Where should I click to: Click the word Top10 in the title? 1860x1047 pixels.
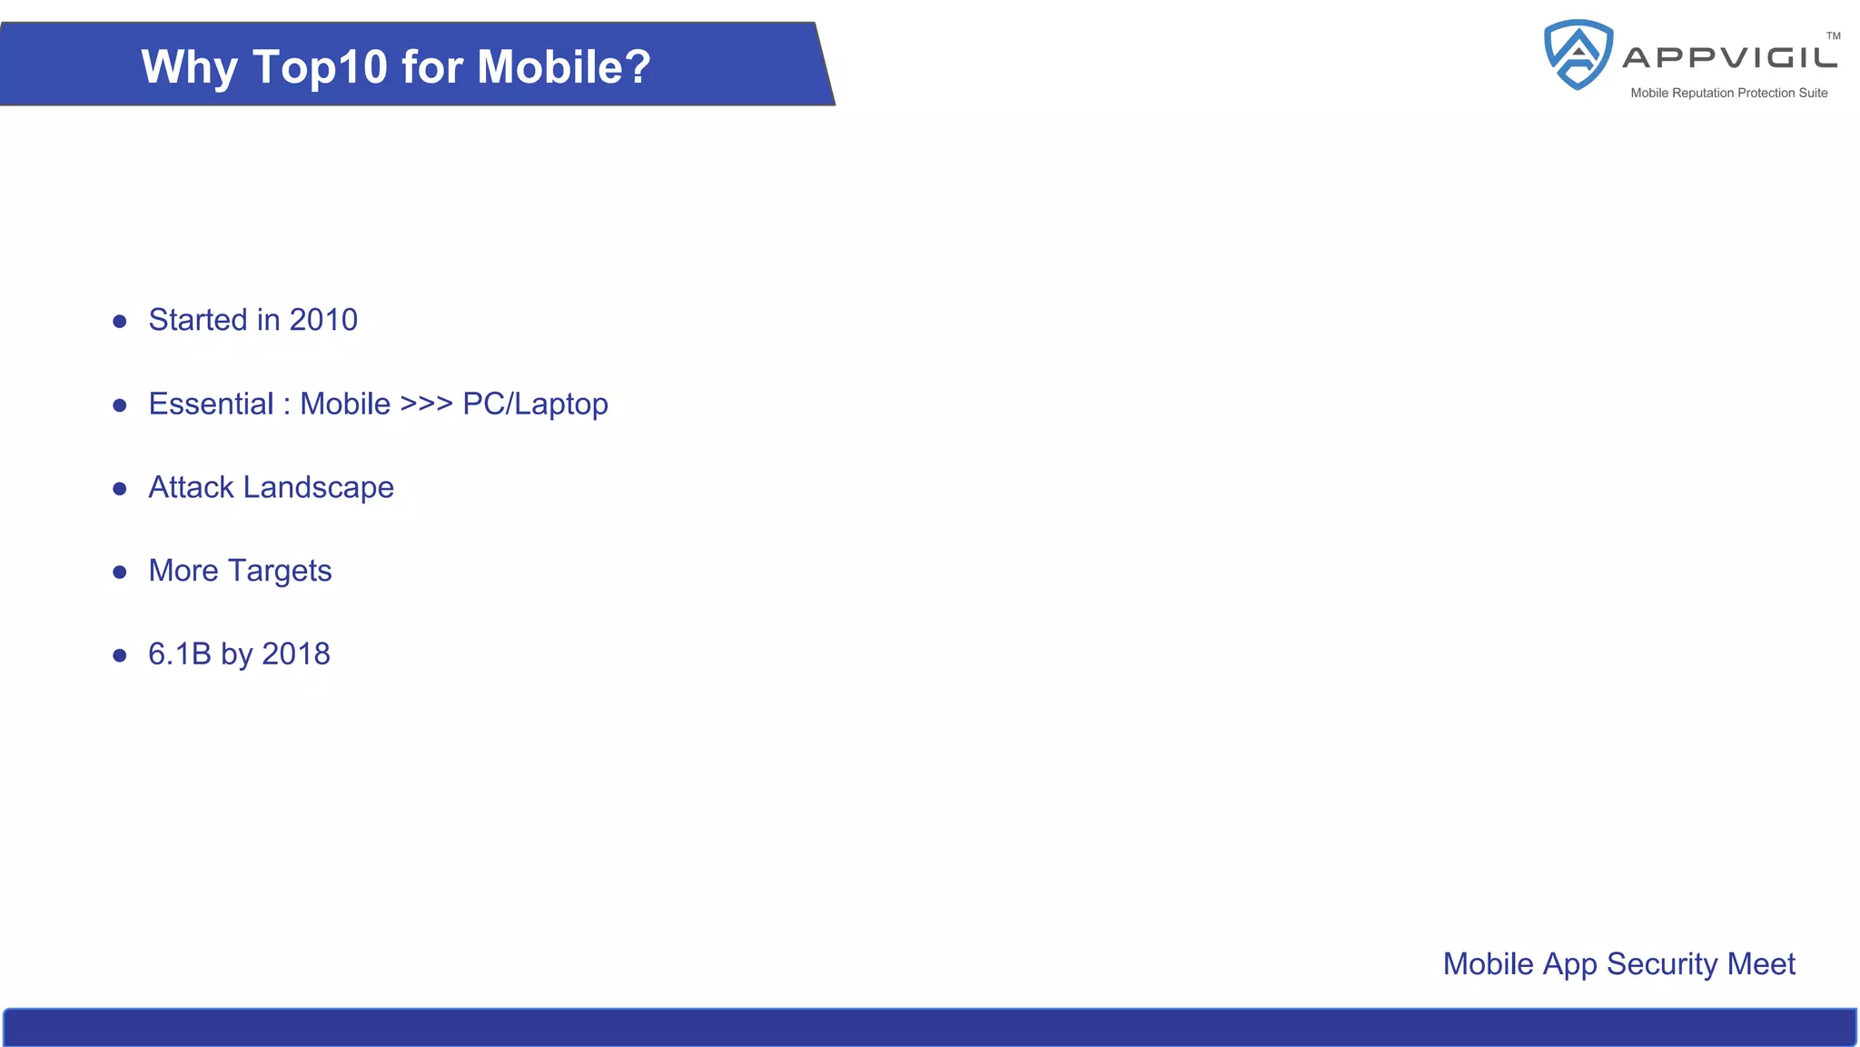pos(320,67)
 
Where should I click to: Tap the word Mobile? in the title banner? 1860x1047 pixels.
pos(564,66)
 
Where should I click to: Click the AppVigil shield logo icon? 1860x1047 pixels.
pos(1578,55)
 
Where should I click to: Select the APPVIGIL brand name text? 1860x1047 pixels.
pos(1730,58)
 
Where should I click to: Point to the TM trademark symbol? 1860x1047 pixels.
pos(1833,36)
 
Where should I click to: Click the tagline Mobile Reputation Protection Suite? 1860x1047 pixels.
pos(1728,93)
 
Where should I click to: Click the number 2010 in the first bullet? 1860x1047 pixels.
pos(323,320)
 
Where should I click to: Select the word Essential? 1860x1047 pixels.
pos(211,404)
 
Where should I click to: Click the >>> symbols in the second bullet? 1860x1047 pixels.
pos(426,404)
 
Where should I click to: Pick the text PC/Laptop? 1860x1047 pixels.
pos(535,404)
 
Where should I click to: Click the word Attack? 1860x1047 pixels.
pos(191,487)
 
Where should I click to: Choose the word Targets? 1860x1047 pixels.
pos(280,572)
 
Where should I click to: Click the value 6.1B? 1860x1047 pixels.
pos(180,654)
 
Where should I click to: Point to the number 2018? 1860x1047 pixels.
pos(296,654)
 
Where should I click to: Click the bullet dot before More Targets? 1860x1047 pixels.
pos(120,572)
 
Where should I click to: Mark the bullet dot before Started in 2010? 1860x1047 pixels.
pos(120,321)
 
